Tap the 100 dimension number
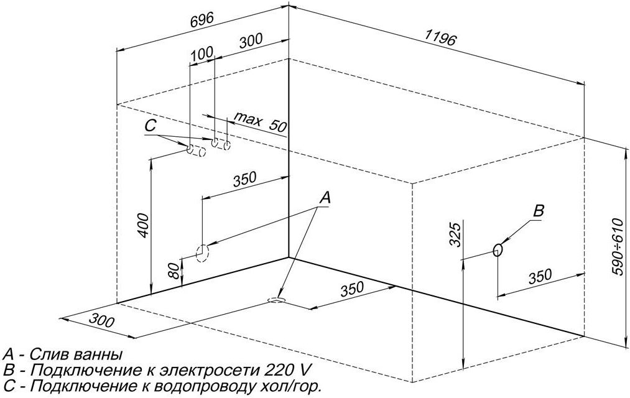click(202, 54)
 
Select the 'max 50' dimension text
click(261, 122)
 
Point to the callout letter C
click(150, 126)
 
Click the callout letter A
click(325, 197)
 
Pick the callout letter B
click(539, 210)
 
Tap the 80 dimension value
click(173, 271)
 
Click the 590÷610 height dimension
click(618, 247)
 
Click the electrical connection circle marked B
click(498, 250)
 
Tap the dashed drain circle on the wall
click(202, 254)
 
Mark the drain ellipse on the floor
click(276, 300)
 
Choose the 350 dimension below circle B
click(540, 277)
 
